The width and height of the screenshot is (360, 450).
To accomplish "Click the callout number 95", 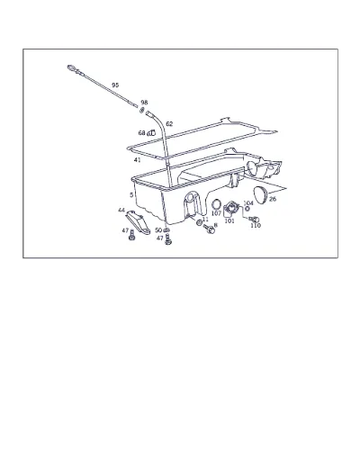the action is (115, 85).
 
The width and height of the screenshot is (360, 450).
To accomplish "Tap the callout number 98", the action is (144, 103).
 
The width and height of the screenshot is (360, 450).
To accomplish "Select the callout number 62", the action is (169, 124).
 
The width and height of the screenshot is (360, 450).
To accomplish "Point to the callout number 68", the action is (141, 133).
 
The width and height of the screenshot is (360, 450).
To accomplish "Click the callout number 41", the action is (137, 160).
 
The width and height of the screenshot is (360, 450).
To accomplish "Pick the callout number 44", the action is (121, 211).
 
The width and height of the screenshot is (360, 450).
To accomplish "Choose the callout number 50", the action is (158, 230).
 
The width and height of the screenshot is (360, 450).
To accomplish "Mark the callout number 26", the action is (273, 199).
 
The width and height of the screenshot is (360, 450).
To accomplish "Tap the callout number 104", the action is (248, 203).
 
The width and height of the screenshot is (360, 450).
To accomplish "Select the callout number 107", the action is (216, 213).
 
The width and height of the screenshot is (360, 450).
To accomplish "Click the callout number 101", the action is (229, 221).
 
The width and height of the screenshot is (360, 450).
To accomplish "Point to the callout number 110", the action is (256, 226).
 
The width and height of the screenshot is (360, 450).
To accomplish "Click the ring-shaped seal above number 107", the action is (216, 204).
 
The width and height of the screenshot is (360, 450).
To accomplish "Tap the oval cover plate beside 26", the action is (260, 195).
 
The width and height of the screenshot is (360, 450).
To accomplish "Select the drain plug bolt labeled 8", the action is (209, 229).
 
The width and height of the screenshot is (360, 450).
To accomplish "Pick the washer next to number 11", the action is (199, 222).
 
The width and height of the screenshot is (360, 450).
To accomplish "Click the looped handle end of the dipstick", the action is (72, 68).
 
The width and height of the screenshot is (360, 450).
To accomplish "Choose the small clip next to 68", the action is (151, 132).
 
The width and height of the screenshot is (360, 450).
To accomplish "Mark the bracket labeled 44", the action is (138, 222).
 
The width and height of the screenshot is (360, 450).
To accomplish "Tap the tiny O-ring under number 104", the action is (247, 209).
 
